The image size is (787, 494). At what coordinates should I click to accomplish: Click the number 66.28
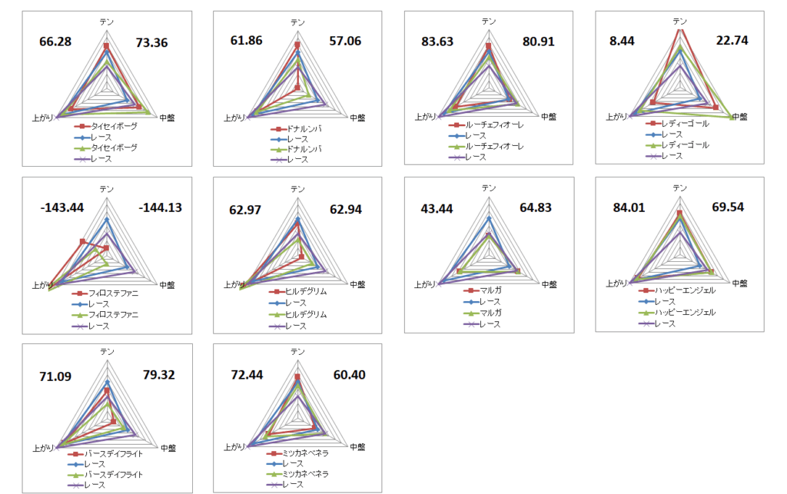click(x=55, y=41)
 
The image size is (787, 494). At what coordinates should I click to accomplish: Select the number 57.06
click(x=344, y=41)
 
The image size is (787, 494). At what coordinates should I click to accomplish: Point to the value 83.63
click(x=438, y=41)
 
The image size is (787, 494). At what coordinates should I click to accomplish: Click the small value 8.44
click(x=623, y=41)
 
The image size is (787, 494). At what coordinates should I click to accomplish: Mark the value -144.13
click(x=160, y=207)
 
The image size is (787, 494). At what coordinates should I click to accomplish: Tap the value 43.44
click(x=437, y=207)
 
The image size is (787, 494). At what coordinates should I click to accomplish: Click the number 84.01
click(x=629, y=207)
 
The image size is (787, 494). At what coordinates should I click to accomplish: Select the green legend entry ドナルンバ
click(x=304, y=148)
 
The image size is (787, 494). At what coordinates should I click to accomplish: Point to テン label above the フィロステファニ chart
click(x=107, y=188)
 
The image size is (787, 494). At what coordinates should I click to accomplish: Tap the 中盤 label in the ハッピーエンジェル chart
click(x=739, y=283)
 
